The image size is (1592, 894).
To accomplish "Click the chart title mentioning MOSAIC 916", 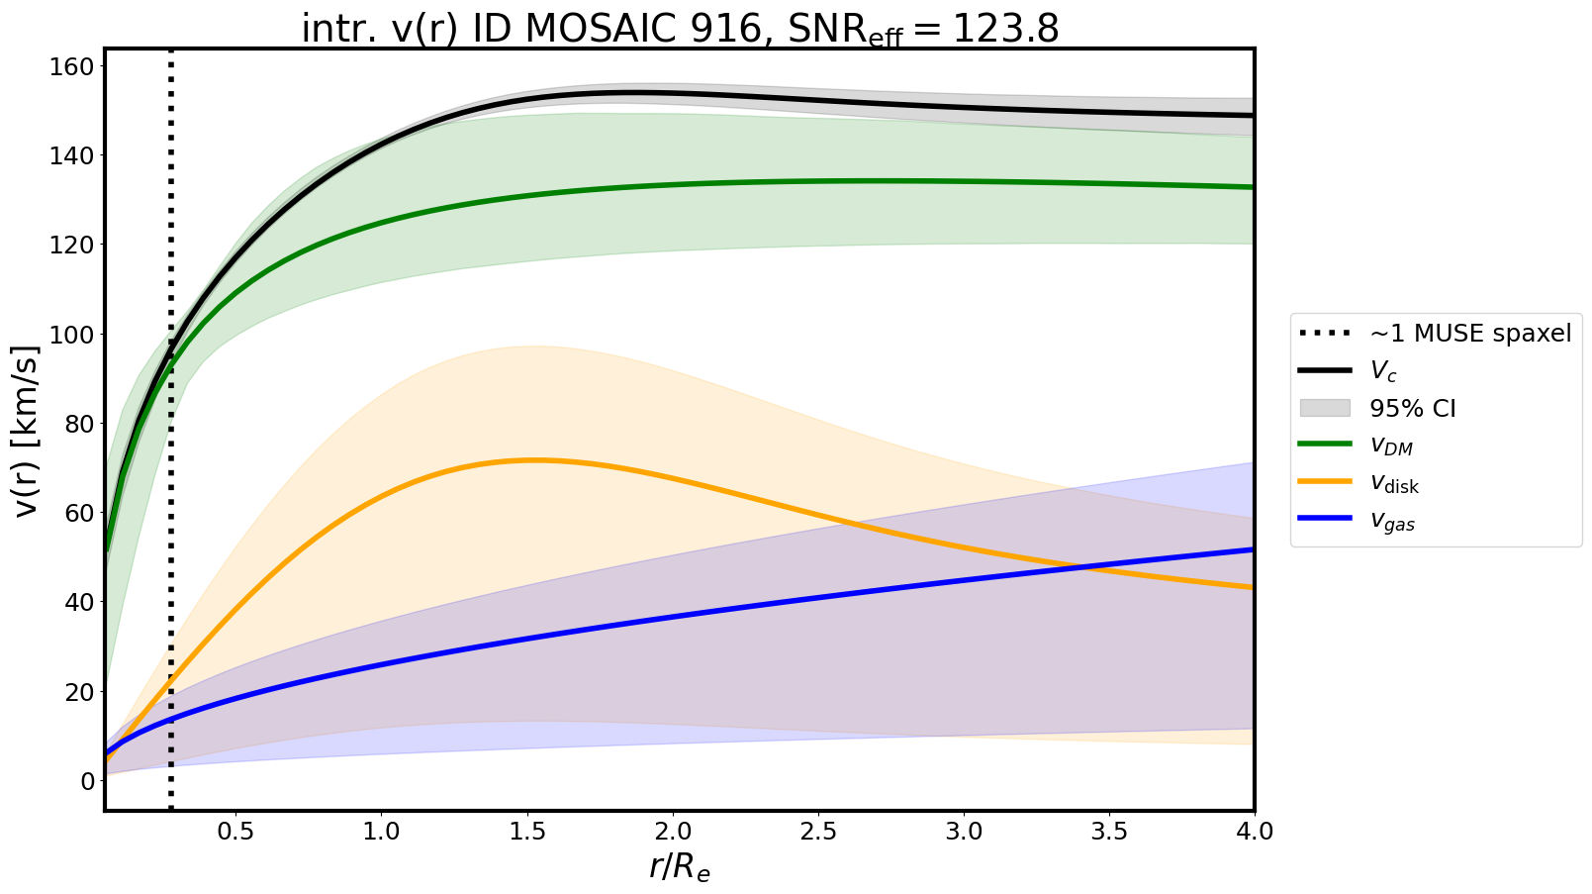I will point(680,29).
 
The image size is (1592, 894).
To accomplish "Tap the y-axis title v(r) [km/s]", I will point(28,431).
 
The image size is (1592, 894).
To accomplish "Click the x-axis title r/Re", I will point(680,867).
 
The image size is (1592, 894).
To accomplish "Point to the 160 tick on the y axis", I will point(78,66).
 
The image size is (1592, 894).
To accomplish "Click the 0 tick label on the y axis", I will point(88,781).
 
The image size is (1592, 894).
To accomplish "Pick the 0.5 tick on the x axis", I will point(235,831).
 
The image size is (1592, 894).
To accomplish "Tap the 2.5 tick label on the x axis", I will point(818,831).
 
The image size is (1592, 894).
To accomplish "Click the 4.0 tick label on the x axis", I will point(1254,831).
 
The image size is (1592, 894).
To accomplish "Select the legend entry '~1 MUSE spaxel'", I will point(1470,334).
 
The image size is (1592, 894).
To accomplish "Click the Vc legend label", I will point(1382,371).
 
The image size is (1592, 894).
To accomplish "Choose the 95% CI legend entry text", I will point(1412,409).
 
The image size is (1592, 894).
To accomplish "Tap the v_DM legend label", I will point(1391,447).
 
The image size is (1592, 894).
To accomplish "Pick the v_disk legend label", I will point(1394,483).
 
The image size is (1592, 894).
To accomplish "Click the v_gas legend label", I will point(1392,522).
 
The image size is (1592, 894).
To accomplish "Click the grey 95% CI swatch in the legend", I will point(1325,408).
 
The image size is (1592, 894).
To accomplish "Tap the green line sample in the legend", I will point(1325,445).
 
